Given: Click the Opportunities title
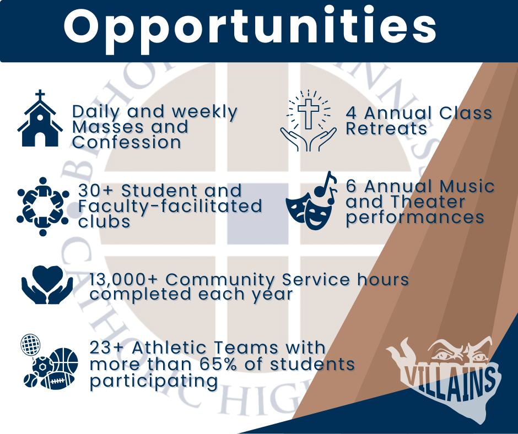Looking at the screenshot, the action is (x=250, y=29).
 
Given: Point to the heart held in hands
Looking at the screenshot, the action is (x=47, y=279).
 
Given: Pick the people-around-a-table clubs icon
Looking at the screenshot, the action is (x=42, y=207).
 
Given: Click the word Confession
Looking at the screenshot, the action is (x=127, y=143).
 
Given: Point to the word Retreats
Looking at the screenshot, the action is (x=386, y=128).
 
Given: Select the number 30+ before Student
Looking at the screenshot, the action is (x=96, y=191).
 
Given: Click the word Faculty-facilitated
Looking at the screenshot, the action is (x=170, y=207).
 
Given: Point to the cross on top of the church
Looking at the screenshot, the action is (x=40, y=95).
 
